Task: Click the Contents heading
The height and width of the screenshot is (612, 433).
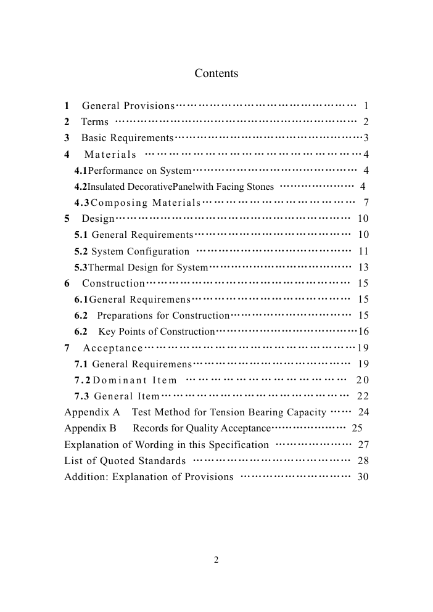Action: [216, 74]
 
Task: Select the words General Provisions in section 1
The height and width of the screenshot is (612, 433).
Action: [128, 106]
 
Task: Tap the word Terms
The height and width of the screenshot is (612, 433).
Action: [95, 122]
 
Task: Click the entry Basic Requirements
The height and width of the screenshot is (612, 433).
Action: [128, 138]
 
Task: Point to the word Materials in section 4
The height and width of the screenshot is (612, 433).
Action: [110, 154]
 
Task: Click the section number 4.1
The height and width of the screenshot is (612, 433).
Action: [81, 170]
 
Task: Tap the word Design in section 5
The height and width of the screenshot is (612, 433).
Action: [98, 219]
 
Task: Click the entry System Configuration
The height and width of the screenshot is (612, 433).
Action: [141, 251]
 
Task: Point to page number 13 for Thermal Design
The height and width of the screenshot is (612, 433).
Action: [363, 267]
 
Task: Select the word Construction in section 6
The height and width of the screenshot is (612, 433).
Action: [113, 284]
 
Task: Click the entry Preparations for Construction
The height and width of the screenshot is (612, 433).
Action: [163, 316]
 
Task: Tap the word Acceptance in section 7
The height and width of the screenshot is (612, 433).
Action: [113, 348]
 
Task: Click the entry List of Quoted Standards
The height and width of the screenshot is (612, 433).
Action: [125, 461]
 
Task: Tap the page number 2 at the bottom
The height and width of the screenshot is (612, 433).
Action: [216, 560]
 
